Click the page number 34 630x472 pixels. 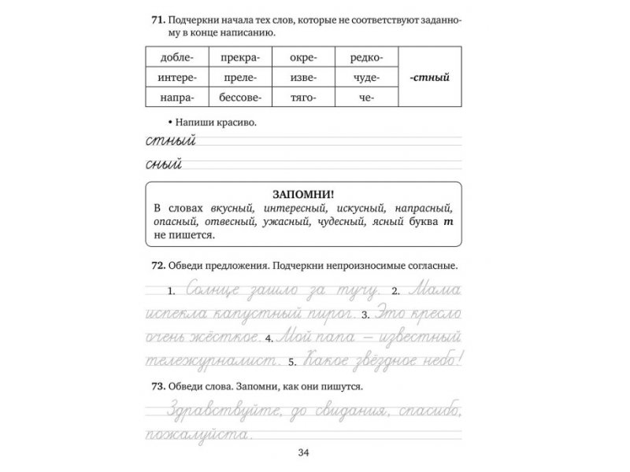304,452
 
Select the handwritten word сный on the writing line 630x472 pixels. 165,165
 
